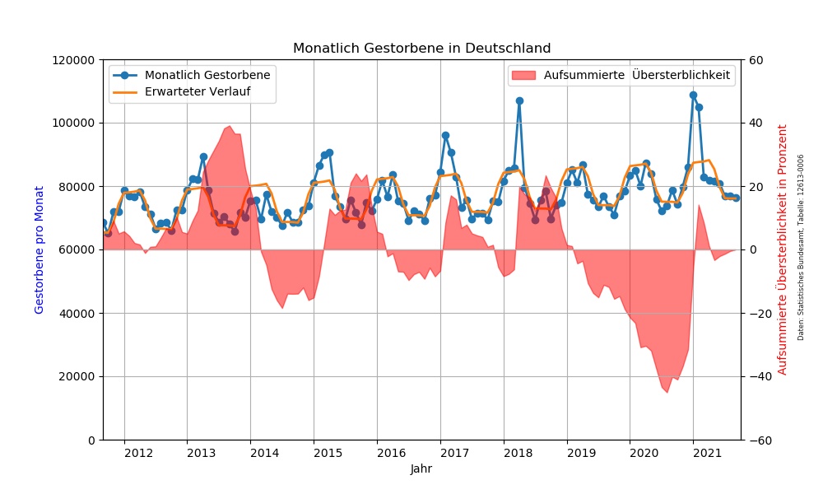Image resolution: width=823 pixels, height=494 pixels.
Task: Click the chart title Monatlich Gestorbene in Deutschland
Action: [421, 49]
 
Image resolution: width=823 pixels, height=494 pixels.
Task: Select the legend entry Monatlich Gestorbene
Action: [207, 75]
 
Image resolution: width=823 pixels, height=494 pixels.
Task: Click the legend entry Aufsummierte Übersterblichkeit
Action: [636, 75]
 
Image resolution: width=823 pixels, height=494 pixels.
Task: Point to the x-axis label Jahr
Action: [421, 469]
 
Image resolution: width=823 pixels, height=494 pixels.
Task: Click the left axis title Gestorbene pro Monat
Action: [39, 249]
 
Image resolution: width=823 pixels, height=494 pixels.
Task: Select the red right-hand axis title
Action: [783, 249]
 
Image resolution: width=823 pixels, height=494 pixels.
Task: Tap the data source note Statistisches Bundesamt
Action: [801, 247]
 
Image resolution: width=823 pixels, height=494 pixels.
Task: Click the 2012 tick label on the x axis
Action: [137, 453]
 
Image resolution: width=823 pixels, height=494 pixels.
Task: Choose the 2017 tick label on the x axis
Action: [453, 453]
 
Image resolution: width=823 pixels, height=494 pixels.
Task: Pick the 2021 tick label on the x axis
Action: [707, 453]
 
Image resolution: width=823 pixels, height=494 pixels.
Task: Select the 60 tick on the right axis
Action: [754, 60]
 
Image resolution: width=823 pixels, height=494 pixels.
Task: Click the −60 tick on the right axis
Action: [756, 440]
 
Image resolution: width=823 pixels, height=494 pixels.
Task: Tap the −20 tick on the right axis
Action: [756, 314]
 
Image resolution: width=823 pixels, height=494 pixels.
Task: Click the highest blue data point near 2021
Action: [693, 95]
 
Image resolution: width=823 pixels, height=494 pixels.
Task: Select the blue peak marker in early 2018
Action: [519, 100]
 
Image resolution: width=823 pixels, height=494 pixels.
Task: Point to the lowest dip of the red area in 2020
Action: [667, 393]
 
